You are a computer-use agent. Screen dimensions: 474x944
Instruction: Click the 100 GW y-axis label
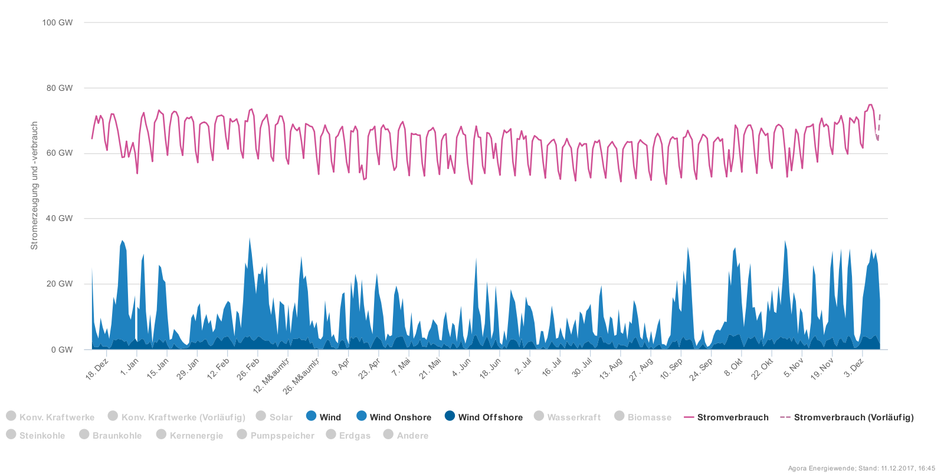pyautogui.click(x=57, y=22)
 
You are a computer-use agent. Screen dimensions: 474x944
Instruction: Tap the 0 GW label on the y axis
pyautogui.click(x=62, y=350)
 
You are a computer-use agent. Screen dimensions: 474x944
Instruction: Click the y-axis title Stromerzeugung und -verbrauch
pyautogui.click(x=34, y=185)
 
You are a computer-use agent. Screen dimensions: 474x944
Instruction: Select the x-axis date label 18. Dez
pyautogui.click(x=97, y=368)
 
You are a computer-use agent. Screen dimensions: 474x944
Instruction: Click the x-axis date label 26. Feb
pyautogui.click(x=248, y=368)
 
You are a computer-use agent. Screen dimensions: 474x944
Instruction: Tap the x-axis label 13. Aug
pyautogui.click(x=611, y=368)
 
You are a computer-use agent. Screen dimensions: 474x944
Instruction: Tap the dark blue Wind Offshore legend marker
pyautogui.click(x=450, y=416)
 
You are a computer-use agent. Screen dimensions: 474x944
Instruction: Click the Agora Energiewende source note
pyautogui.click(x=861, y=469)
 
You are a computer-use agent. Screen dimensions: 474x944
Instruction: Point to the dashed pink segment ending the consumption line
pyautogui.click(x=879, y=125)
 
